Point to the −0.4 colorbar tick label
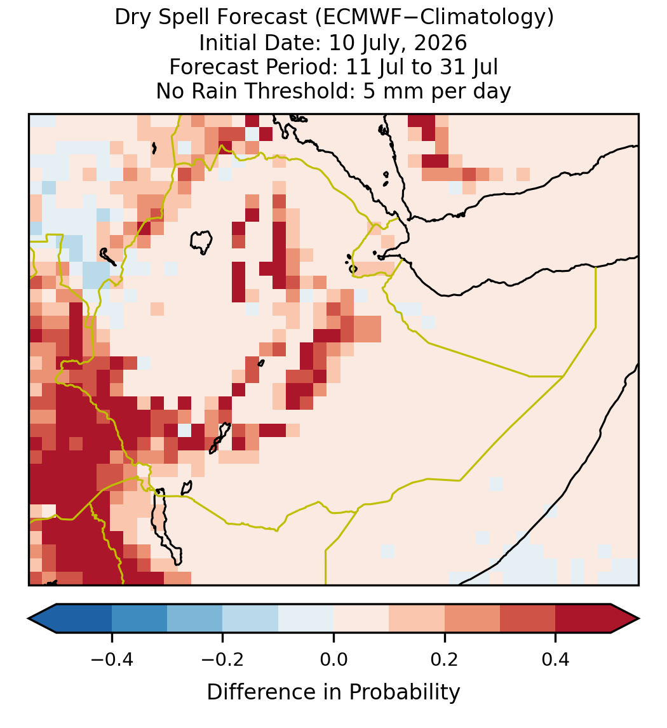(111, 659)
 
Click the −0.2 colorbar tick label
(222, 659)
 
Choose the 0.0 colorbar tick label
(333, 659)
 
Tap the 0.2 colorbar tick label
(445, 659)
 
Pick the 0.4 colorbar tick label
(556, 659)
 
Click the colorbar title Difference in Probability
(333, 692)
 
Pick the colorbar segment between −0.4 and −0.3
(139, 619)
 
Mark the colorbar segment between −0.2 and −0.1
(250, 619)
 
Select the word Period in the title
(304, 67)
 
